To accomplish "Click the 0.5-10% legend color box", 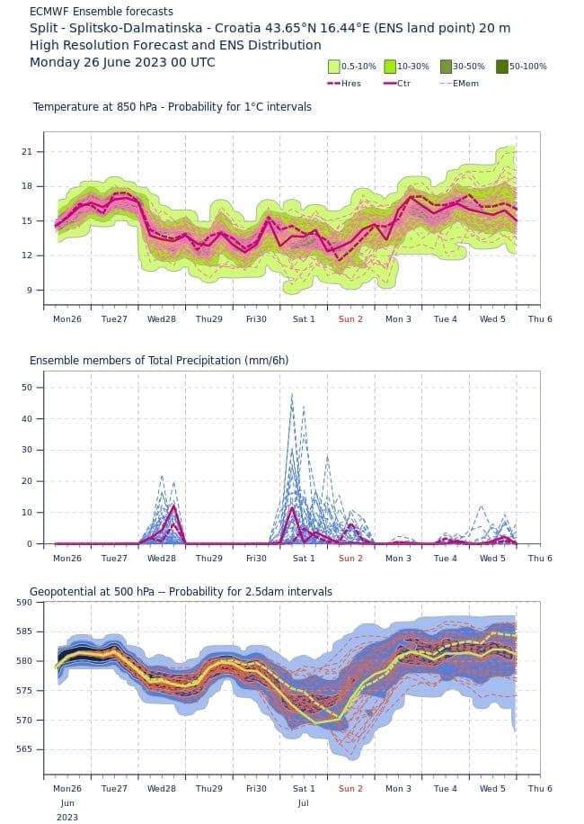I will pyautogui.click(x=334, y=66).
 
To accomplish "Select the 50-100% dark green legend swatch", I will pyautogui.click(x=502, y=66).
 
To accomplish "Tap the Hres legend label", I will pyautogui.click(x=351, y=83).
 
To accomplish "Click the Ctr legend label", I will pyautogui.click(x=403, y=83).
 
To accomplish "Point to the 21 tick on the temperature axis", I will pyautogui.click(x=27, y=151).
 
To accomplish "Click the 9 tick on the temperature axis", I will pyautogui.click(x=30, y=290).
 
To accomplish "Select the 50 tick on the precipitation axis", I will pyautogui.click(x=27, y=387).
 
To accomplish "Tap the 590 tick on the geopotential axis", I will pyautogui.click(x=24, y=602).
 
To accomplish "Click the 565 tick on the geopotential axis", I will pyautogui.click(x=24, y=749).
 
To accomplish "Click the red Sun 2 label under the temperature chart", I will pyautogui.click(x=350, y=318).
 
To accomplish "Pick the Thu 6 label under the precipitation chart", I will pyautogui.click(x=540, y=558).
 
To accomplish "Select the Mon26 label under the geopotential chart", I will pyautogui.click(x=66, y=788).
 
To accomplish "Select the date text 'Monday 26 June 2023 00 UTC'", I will pyautogui.click(x=122, y=62).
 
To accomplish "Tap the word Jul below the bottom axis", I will pyautogui.click(x=303, y=802).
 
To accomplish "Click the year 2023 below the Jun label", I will pyautogui.click(x=66, y=817).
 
